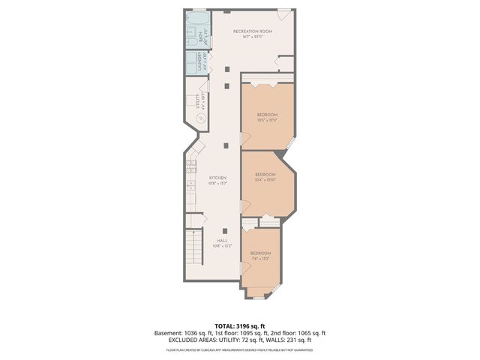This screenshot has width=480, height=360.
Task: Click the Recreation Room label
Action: [251, 31]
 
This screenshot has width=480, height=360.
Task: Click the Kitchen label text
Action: [217, 178]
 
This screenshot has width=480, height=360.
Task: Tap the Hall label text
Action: [222, 241]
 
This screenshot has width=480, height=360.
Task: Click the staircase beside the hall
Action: [194, 252]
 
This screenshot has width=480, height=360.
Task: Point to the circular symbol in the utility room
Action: [200, 118]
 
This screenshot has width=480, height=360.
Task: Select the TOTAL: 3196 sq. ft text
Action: [240, 325]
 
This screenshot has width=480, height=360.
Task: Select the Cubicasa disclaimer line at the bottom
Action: [240, 349]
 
